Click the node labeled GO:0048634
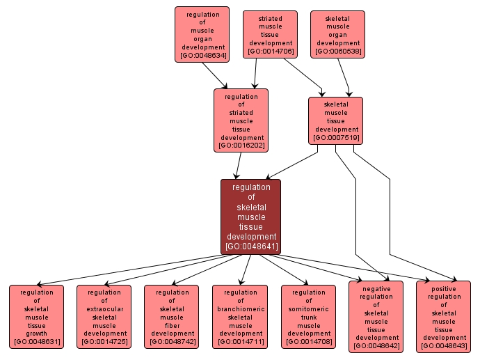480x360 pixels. (x=202, y=34)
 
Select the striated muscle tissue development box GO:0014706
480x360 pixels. (x=270, y=34)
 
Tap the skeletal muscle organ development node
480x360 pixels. (x=338, y=34)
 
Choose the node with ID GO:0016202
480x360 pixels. (x=241, y=120)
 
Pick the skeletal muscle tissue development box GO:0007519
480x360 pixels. (x=335, y=120)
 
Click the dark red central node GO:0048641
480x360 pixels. (x=250, y=217)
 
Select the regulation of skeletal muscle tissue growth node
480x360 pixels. (x=36, y=316)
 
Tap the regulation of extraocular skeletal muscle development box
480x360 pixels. (x=104, y=316)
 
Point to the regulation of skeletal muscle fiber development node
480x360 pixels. (x=171, y=316)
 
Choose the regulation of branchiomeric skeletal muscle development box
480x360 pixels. (x=240, y=316)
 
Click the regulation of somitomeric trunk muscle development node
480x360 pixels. (x=308, y=316)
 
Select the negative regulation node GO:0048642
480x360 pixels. (x=376, y=317)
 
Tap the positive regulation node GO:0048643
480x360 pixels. (x=444, y=317)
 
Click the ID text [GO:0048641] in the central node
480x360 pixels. (x=251, y=246)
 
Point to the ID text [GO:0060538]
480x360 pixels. (x=338, y=52)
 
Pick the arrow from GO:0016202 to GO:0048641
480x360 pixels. (x=238, y=165)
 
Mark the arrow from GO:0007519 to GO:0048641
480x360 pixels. (x=292, y=162)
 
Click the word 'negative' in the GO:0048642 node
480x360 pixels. (x=376, y=288)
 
